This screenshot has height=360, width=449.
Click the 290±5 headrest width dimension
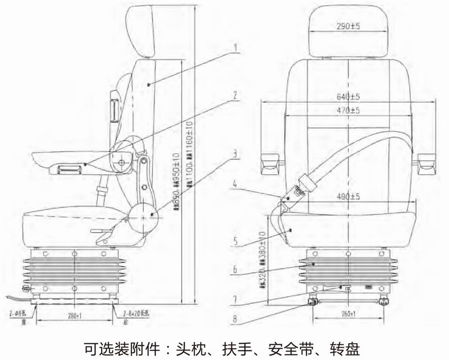(x=349, y=26)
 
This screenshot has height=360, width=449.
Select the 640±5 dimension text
(x=349, y=95)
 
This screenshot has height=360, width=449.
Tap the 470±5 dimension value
(x=349, y=111)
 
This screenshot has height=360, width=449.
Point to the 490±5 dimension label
(x=349, y=196)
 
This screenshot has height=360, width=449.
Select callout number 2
(x=237, y=96)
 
